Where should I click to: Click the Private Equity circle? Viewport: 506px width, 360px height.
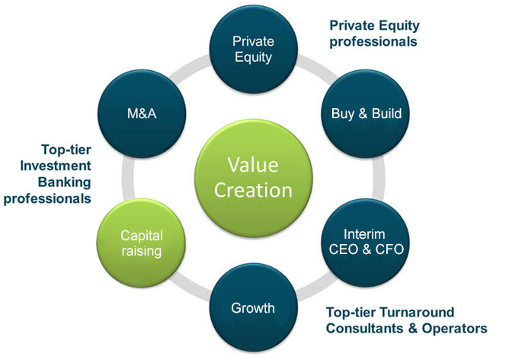253,49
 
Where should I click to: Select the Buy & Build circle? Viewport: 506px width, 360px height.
365,114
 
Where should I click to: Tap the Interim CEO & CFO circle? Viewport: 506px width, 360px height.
365,243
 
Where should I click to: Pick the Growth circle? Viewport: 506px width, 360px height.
253,307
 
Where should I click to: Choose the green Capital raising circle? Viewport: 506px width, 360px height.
141,243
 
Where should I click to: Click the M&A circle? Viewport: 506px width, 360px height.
142,114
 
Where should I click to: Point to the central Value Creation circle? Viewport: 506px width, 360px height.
253,178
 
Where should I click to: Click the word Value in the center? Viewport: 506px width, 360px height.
253,165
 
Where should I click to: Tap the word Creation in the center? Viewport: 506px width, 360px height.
253,190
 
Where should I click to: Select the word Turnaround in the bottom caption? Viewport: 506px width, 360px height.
417,312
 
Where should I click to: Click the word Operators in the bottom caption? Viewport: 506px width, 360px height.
454,329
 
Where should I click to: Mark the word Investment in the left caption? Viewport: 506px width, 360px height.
56,166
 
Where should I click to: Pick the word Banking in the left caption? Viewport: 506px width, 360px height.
65,182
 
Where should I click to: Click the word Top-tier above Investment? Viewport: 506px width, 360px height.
66,149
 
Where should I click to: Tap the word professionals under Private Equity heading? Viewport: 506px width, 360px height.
373,42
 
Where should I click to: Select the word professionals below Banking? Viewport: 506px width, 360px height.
47,198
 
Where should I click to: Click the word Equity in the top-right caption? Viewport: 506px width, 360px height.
399,26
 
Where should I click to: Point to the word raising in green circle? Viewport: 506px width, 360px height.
142,251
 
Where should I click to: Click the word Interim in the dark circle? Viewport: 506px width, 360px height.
364,234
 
